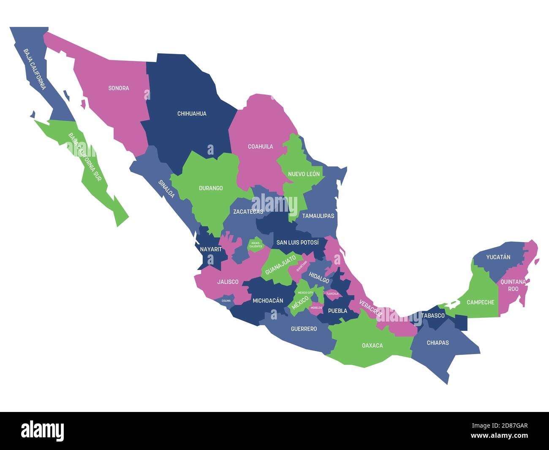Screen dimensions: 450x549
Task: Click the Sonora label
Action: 119,88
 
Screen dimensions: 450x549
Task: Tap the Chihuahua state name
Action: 192,114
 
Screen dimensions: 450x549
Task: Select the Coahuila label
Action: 260,147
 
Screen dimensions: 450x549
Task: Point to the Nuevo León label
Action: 304,174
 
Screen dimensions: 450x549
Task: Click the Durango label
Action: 211,188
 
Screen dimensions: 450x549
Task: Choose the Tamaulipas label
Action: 318,216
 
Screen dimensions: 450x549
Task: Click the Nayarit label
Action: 211,249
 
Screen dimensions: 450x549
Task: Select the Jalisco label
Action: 228,282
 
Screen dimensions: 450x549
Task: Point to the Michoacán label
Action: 268,301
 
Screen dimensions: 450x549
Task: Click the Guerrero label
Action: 304,328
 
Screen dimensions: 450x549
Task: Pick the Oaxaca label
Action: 372,345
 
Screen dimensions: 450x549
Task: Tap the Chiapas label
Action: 438,343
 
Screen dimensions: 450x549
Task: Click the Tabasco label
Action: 432,316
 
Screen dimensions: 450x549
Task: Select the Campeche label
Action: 480,303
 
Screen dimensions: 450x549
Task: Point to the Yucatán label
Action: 498,257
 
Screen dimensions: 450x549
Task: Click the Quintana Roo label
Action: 513,285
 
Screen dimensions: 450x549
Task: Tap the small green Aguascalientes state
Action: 255,245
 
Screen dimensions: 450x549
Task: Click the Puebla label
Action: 337,311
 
